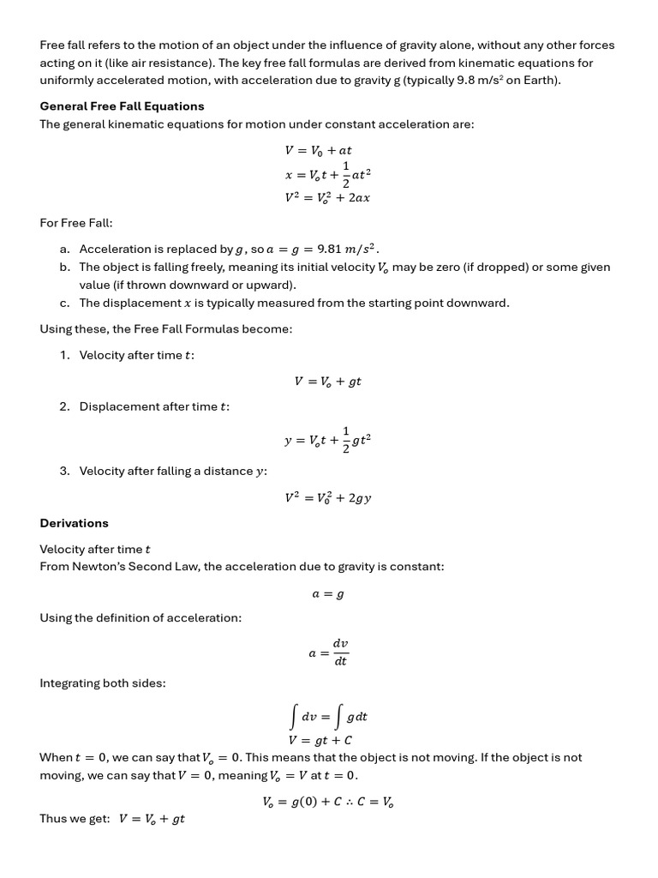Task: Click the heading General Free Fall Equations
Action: pyautogui.click(x=122, y=106)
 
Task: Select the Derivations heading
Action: pyautogui.click(x=75, y=523)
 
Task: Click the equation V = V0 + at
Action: pyautogui.click(x=318, y=150)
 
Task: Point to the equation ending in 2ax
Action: pyautogui.click(x=327, y=197)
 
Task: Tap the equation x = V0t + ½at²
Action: pyautogui.click(x=327, y=173)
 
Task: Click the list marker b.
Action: pyautogui.click(x=65, y=268)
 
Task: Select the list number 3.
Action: pyautogui.click(x=64, y=471)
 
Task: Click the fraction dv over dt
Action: pyautogui.click(x=340, y=652)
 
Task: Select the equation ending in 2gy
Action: pyautogui.click(x=327, y=497)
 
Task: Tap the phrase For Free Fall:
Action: pyautogui.click(x=76, y=223)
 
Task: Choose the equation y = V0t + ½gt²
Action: pyautogui.click(x=327, y=440)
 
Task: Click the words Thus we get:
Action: pyautogui.click(x=75, y=819)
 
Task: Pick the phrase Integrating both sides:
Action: pyautogui.click(x=103, y=683)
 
